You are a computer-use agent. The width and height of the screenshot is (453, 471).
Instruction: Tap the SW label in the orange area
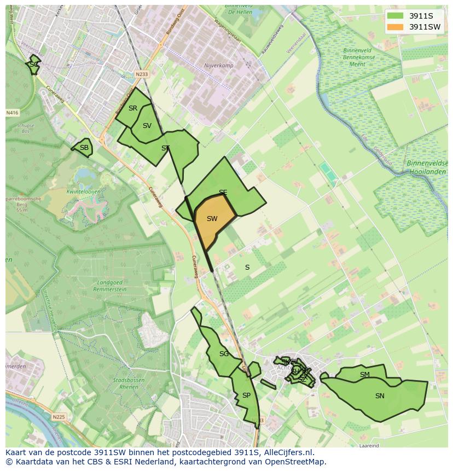[212, 219]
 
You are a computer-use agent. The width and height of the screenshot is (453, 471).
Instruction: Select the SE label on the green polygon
[223, 193]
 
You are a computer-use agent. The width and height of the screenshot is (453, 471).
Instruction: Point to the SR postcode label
[133, 108]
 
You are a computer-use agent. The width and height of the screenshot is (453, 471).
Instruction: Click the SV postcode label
[147, 126]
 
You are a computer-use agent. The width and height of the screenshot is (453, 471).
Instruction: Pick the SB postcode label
[84, 148]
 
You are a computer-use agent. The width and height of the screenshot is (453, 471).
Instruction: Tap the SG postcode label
[224, 354]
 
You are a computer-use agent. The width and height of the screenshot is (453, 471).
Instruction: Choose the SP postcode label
[246, 396]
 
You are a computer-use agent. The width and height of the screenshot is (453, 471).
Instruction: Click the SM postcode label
[364, 375]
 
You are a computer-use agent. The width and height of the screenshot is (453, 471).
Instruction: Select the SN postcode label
[380, 396]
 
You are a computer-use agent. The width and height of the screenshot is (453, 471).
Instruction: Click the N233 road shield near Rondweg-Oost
[142, 74]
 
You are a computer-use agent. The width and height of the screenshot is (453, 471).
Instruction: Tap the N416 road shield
[12, 113]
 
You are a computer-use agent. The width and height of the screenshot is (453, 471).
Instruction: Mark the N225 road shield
[59, 417]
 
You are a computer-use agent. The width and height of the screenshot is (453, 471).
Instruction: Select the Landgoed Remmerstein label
[111, 286]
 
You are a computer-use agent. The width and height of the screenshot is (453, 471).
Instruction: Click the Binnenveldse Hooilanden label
[426, 167]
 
